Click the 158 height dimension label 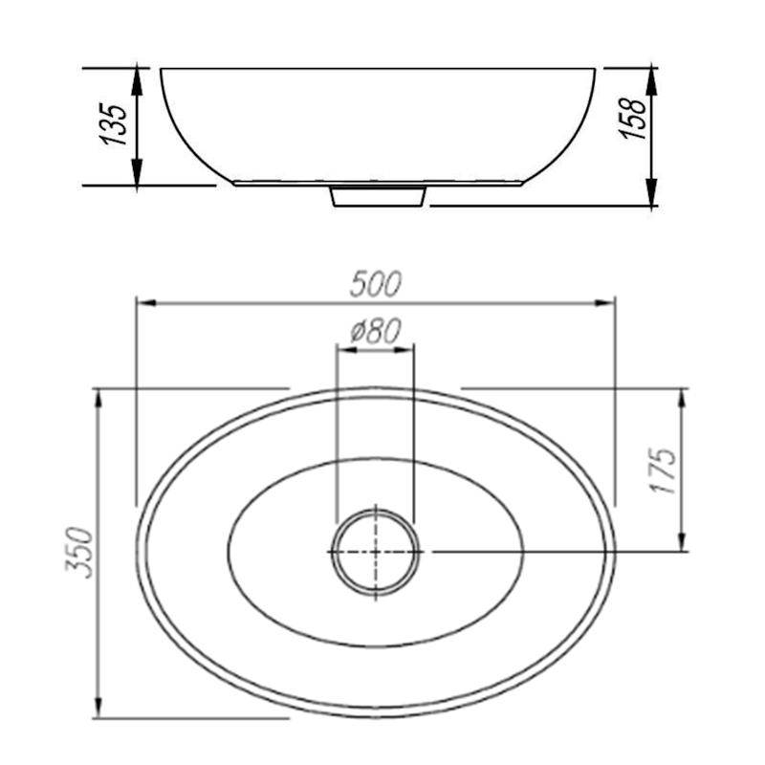tap(633, 119)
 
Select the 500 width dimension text tap(375, 284)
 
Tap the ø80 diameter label tap(375, 331)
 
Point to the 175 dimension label tap(664, 470)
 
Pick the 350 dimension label tap(79, 553)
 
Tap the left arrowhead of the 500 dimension tap(146, 303)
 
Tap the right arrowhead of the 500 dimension tap(604, 303)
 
